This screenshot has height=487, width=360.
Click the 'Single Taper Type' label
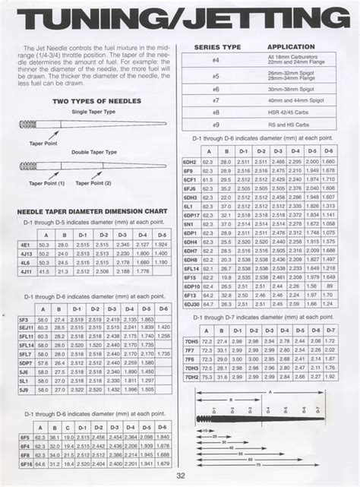93,112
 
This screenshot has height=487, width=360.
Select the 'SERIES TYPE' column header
217,47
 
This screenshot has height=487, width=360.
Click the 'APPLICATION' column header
292,47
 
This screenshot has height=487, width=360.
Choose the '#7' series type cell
216,100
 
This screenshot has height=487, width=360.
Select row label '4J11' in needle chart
25,270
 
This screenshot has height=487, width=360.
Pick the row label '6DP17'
191,215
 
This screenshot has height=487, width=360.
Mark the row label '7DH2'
191,376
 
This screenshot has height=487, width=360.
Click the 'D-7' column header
330,331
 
